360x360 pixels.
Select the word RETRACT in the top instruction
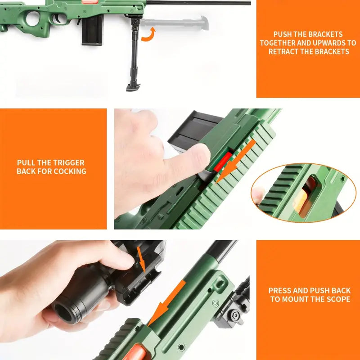coord(283,51)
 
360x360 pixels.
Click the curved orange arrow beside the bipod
coord(149,36)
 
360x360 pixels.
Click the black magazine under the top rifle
coord(93,29)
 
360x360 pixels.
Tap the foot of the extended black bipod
coord(133,87)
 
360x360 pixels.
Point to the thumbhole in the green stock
coord(33,19)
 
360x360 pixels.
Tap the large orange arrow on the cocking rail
coord(235,161)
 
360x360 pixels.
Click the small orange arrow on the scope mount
coord(141,260)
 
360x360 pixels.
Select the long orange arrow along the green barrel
coord(166,303)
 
